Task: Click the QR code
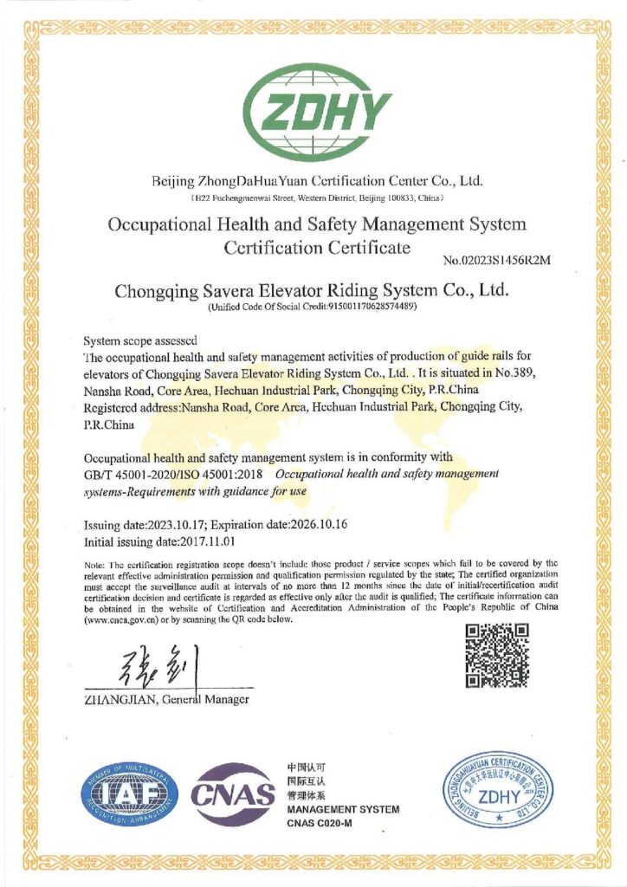coord(496,655)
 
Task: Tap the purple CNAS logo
coord(233,794)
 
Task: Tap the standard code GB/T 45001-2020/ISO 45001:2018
coord(175,474)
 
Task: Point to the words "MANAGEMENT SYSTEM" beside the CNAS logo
coord(343,809)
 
